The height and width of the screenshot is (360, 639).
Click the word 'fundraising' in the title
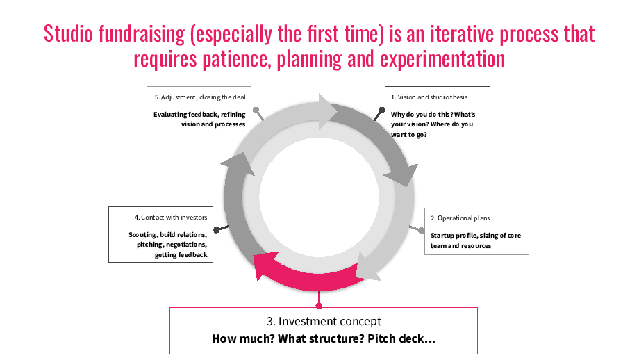point(142,34)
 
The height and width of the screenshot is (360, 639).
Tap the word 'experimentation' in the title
point(442,59)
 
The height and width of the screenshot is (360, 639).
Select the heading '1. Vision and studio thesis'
point(429,97)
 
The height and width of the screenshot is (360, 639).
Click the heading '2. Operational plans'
point(460,218)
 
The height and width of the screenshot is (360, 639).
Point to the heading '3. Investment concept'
point(324,321)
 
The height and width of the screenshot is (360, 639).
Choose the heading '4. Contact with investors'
point(171,218)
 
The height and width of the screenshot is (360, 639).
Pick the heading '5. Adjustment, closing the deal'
point(200,97)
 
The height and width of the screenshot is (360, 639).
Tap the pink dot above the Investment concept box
point(319,306)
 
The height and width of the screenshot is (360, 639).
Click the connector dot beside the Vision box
point(381,110)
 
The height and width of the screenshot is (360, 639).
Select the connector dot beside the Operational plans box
point(422,230)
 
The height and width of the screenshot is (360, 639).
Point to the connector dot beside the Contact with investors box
point(217,230)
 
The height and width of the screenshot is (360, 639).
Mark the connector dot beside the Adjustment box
point(256,110)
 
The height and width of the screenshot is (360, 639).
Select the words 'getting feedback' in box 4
point(181,255)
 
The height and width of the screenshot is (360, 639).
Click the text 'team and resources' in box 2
point(460,246)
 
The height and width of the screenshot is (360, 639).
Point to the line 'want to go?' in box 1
point(408,135)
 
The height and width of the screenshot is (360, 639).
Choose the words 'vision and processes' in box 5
point(213,124)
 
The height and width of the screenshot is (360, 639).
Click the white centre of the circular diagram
point(319,198)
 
